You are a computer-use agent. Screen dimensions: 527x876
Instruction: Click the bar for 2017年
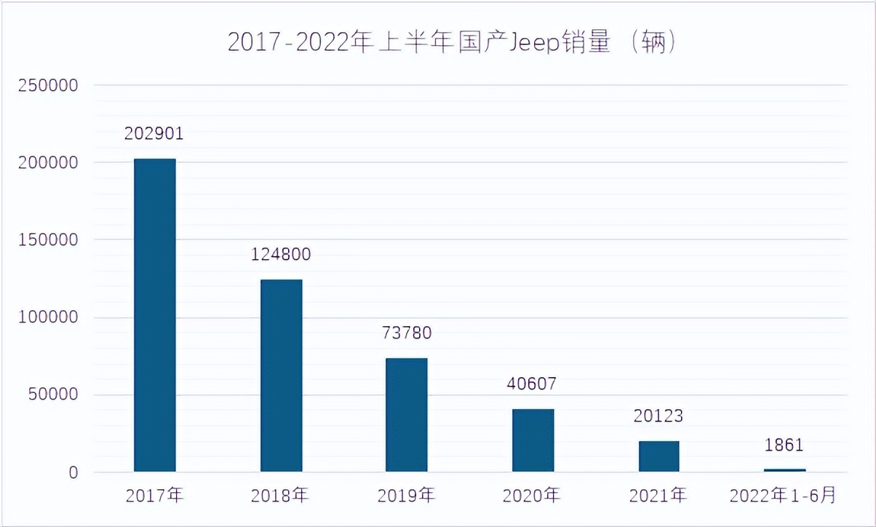tap(154, 315)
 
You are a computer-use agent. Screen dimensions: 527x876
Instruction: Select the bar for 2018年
tap(281, 376)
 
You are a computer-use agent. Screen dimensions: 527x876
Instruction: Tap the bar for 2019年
tap(406, 415)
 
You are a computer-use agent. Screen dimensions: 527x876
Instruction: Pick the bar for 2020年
tap(533, 440)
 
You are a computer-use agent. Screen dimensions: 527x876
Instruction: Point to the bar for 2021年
tap(658, 456)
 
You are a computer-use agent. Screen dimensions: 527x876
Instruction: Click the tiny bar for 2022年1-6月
tap(784, 470)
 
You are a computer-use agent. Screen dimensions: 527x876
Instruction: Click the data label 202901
tap(154, 134)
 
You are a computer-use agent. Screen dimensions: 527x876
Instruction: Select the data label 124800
tap(281, 255)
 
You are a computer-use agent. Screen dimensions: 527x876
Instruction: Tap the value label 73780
tap(407, 333)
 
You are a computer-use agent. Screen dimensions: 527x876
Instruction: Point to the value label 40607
tap(533, 384)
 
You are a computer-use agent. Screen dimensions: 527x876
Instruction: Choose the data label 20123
tap(658, 416)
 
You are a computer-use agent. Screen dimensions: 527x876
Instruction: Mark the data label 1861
tap(784, 445)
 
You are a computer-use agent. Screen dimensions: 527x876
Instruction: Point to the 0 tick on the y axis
tap(73, 473)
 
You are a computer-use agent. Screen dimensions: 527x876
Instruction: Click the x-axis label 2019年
tap(406, 496)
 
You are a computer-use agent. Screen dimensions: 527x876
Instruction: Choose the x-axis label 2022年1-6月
tap(784, 496)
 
